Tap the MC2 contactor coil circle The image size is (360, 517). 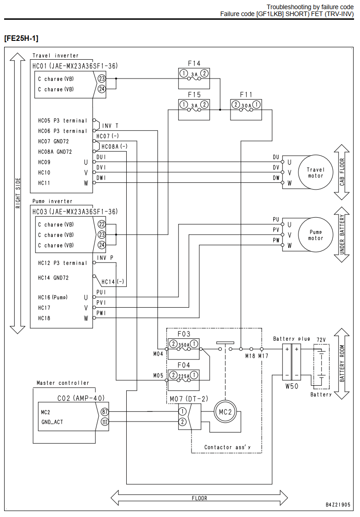point(225,412)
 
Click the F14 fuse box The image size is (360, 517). point(194,79)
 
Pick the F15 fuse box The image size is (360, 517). point(194,110)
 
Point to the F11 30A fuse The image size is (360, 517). point(246,110)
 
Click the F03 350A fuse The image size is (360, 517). point(184,349)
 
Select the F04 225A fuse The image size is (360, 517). point(184,380)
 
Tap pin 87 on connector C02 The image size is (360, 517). point(105,411)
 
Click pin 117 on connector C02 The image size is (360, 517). point(105,421)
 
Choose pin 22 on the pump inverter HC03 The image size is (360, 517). point(101,224)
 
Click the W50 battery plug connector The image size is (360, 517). point(292,362)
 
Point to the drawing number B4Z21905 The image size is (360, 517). point(338,505)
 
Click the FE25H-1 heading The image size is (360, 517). point(21,38)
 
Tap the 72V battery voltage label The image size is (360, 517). point(321,340)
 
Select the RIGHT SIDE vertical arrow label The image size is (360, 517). point(18,193)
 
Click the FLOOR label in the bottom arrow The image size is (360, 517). point(199,498)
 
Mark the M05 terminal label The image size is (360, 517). point(158,376)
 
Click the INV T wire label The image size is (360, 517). point(110,126)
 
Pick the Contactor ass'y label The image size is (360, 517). point(227,447)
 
